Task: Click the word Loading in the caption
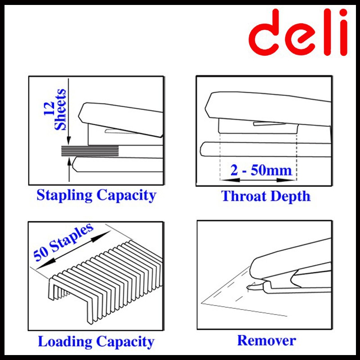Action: point(63,341)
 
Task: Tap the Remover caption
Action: point(266,340)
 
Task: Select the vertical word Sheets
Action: point(60,110)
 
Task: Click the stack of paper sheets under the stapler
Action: point(90,151)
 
